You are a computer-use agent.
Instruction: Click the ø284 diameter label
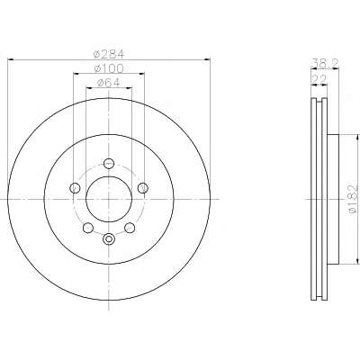[x=109, y=54]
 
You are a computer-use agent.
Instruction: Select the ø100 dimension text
[x=109, y=68]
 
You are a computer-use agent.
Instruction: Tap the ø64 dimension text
[x=109, y=83]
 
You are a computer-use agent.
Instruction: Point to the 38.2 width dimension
[x=326, y=63]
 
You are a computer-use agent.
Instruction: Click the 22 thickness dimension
[x=319, y=79]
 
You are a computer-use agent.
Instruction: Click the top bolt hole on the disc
[x=109, y=164]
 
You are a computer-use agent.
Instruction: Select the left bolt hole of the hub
[x=75, y=188]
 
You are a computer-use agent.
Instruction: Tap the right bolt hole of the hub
[x=143, y=188]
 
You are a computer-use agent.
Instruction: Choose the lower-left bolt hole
[x=87, y=228]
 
